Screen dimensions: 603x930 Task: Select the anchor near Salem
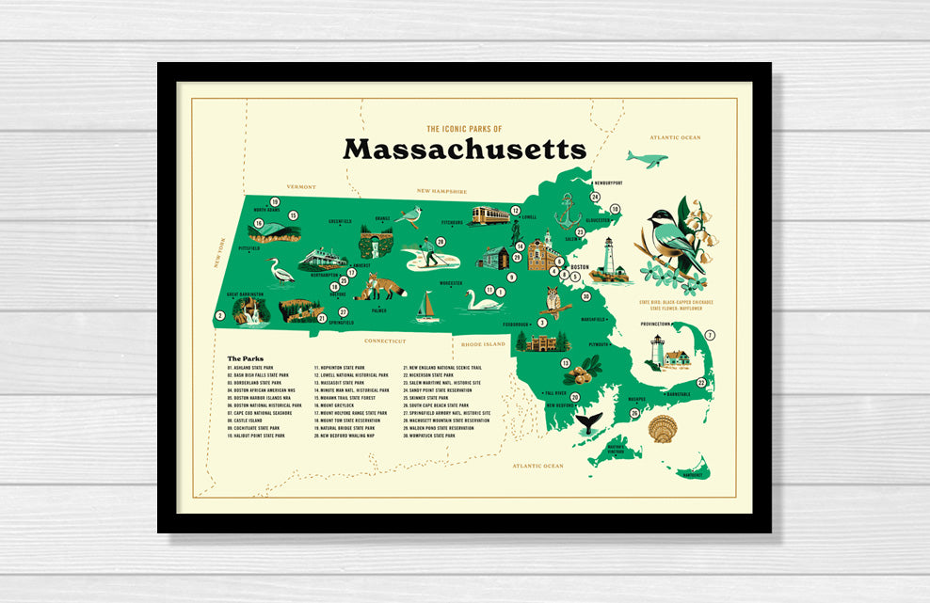(568, 213)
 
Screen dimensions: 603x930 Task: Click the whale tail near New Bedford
(590, 422)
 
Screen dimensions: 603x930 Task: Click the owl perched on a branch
(553, 302)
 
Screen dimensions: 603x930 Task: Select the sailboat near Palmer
(428, 307)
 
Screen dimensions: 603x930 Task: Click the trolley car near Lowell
(489, 215)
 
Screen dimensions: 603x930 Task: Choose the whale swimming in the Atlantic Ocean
(647, 159)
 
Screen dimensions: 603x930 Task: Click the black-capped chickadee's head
(660, 224)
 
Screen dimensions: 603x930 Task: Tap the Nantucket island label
(693, 475)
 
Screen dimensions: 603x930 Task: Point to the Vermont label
(301, 187)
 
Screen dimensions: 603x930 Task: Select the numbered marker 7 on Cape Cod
(710, 335)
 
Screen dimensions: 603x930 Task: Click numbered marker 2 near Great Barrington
(220, 316)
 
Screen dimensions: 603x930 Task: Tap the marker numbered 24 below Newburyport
(595, 197)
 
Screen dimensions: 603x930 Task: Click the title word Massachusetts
(464, 150)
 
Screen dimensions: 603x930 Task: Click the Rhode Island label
(483, 344)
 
